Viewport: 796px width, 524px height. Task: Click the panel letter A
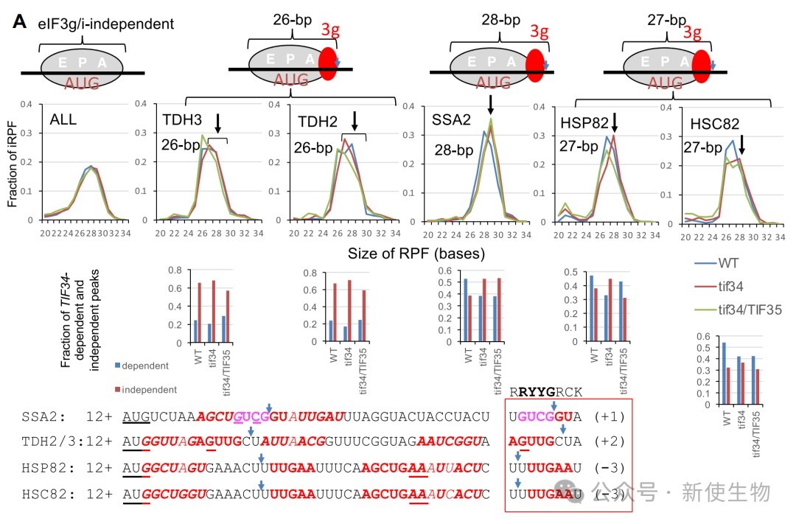pyautogui.click(x=20, y=22)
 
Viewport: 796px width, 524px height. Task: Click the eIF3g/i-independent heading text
pyautogui.click(x=106, y=24)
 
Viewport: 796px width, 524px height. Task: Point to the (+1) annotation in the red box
pyautogui.click(x=610, y=416)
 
